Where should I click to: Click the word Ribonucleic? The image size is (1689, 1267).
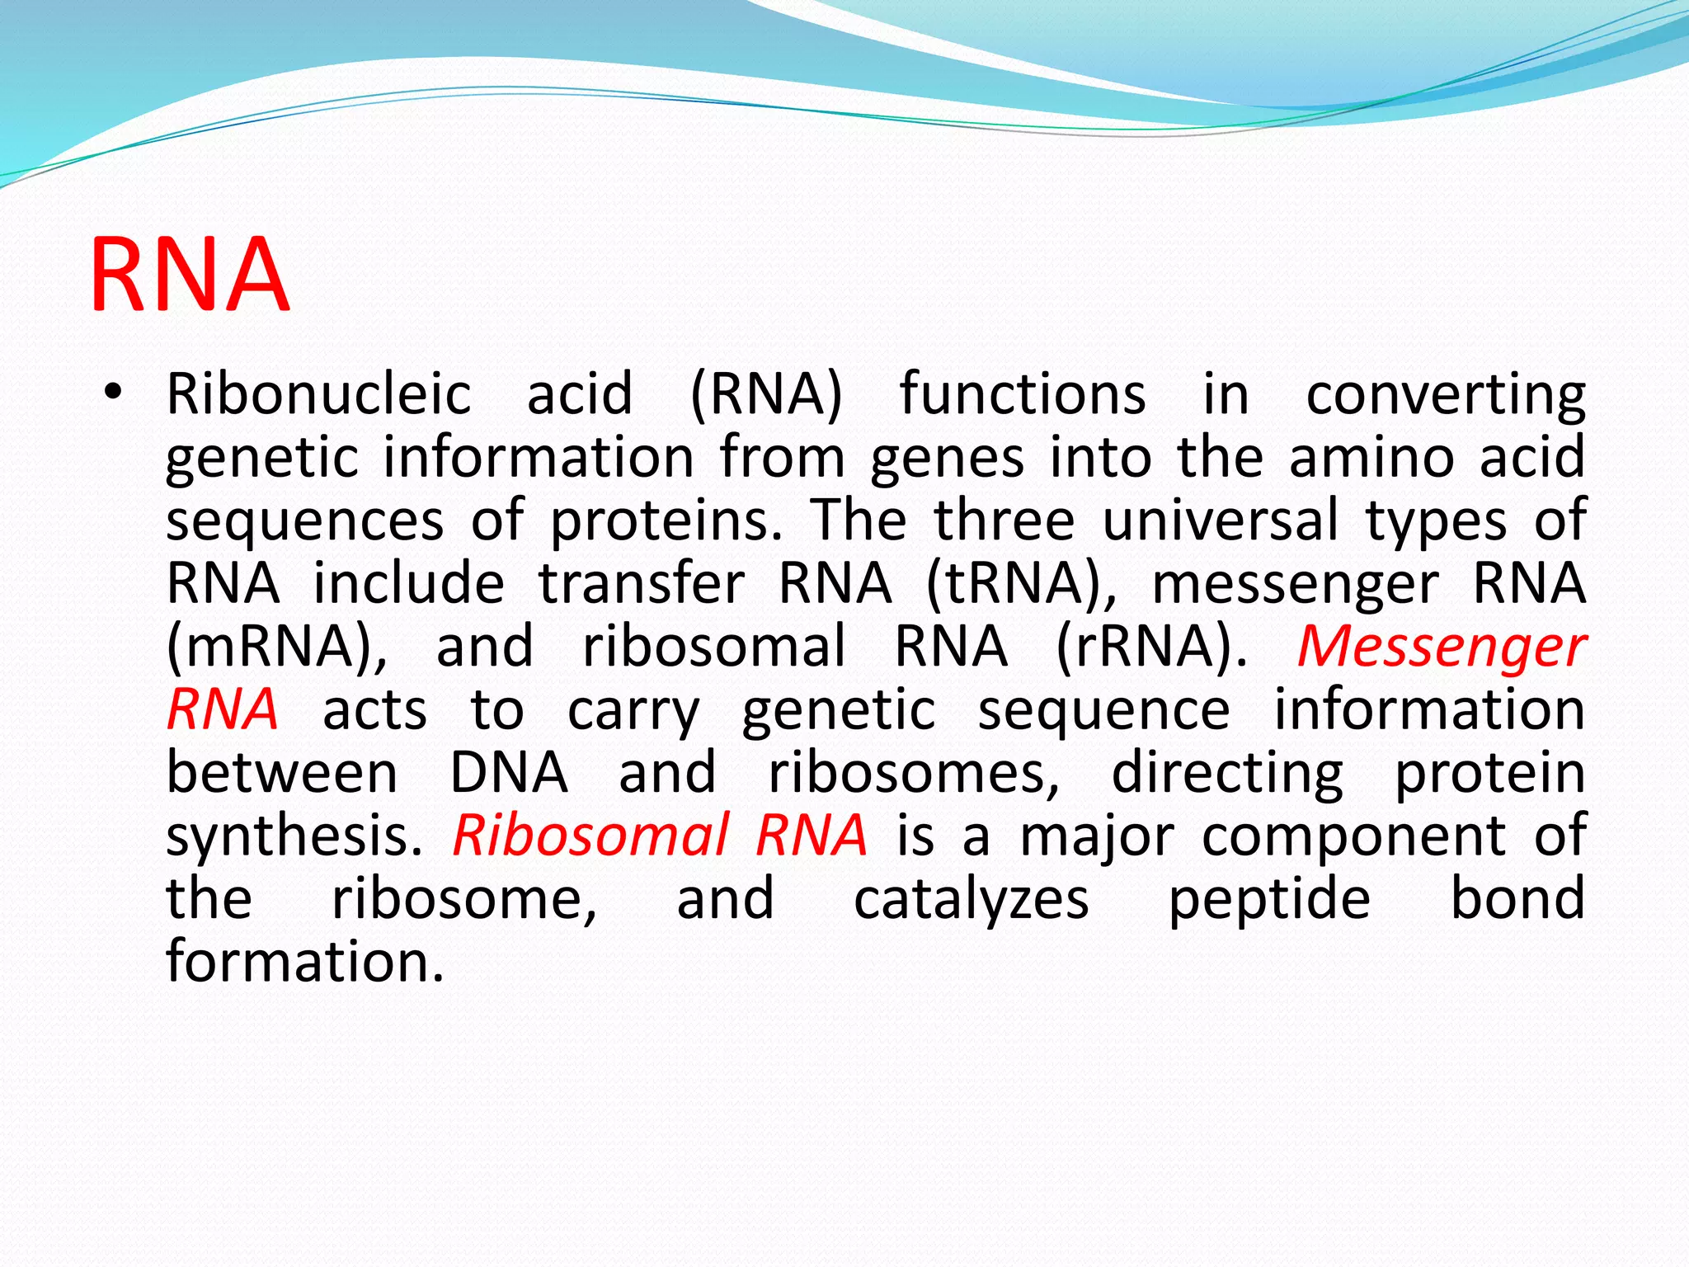point(318,393)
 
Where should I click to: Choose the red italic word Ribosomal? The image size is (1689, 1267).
point(591,836)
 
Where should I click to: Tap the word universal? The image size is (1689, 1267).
point(1220,520)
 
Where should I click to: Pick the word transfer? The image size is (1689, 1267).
point(642,583)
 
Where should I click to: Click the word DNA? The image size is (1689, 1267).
point(508,773)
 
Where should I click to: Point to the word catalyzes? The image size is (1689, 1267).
point(971,899)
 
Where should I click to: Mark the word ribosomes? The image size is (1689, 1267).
point(914,773)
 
